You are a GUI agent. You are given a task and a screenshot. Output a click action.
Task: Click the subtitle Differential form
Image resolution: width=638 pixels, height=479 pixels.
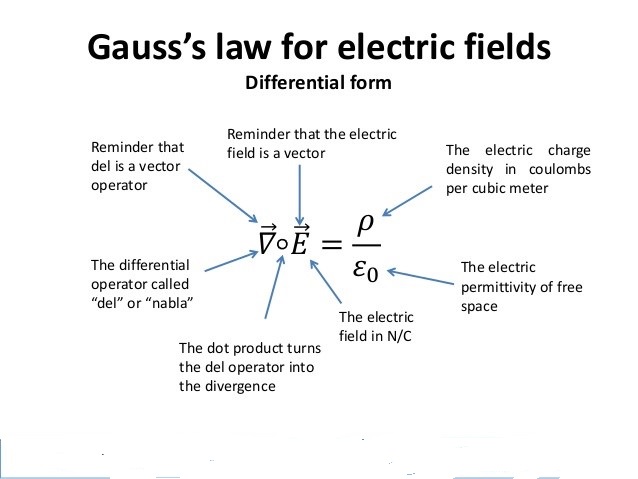318,83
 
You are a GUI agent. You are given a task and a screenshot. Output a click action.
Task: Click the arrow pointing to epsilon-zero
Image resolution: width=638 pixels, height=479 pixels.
420,272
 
